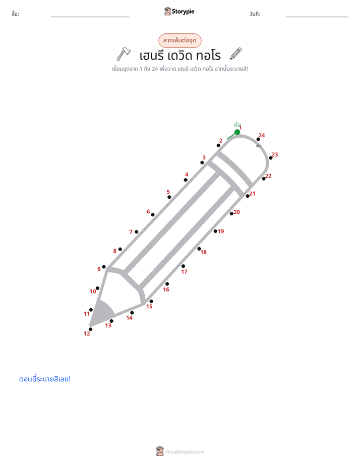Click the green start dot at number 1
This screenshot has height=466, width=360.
click(x=237, y=132)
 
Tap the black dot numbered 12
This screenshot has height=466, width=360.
click(x=91, y=329)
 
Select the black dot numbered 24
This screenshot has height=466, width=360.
click(x=258, y=139)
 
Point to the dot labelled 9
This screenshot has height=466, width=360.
click(x=104, y=267)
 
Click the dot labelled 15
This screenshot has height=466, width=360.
click(x=151, y=302)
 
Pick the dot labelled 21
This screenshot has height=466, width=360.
click(x=248, y=196)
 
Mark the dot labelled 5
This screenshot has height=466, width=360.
click(x=169, y=197)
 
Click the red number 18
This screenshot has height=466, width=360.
click(x=204, y=252)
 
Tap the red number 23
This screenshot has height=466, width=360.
click(x=275, y=154)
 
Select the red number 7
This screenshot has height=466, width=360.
click(x=131, y=232)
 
